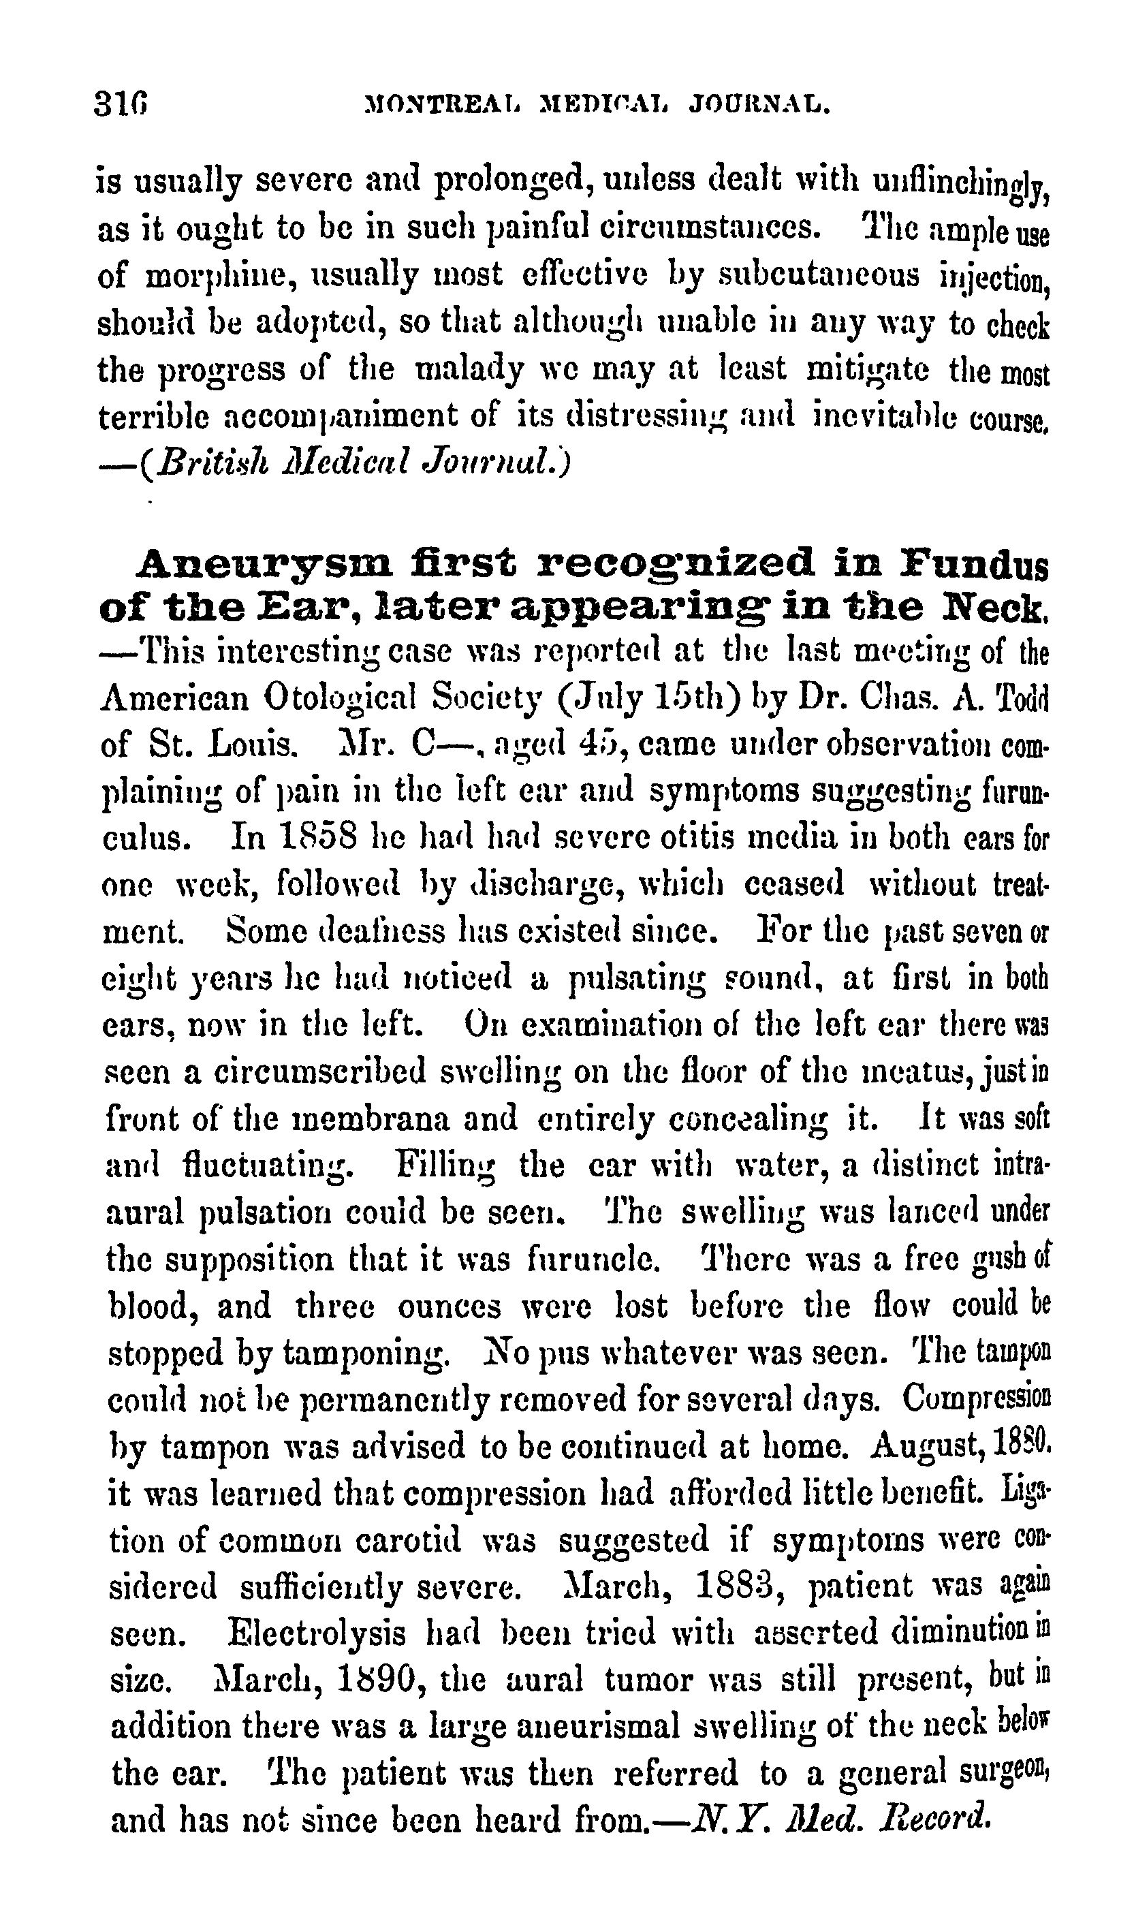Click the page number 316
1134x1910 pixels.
[121, 102]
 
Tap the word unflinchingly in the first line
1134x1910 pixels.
[960, 184]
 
